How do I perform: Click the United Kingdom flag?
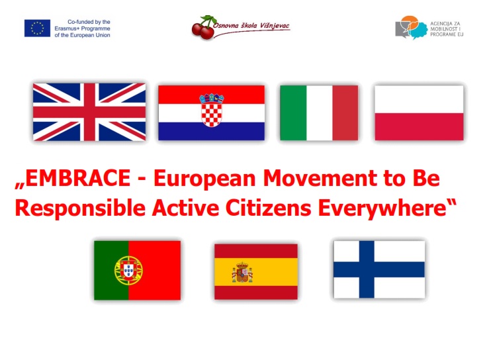click(x=89, y=112)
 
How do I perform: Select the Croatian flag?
click(x=211, y=112)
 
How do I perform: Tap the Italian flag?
click(x=319, y=112)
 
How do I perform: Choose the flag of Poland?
click(x=419, y=112)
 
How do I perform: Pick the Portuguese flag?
click(x=137, y=270)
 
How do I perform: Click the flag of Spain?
click(x=256, y=272)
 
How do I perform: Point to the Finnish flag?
click(x=379, y=269)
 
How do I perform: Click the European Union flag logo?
click(x=37, y=28)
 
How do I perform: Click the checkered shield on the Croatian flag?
click(x=211, y=110)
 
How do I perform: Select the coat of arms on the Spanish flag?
click(x=242, y=273)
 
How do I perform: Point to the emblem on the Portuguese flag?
click(x=128, y=270)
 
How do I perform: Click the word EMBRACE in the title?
click(x=78, y=178)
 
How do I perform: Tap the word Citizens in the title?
click(x=269, y=208)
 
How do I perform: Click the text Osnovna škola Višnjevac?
click(x=251, y=26)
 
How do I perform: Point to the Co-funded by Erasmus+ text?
click(x=82, y=28)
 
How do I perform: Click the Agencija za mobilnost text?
click(x=447, y=29)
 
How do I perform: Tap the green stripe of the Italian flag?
click(x=293, y=112)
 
